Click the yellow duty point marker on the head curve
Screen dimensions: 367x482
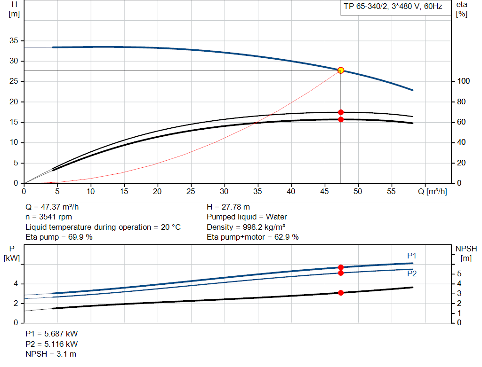click(x=341, y=70)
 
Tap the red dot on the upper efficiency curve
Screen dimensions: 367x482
click(x=341, y=112)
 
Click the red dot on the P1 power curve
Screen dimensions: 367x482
click(x=341, y=267)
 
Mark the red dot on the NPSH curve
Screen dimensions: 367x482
click(x=341, y=293)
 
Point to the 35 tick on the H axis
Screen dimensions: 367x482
click(x=14, y=41)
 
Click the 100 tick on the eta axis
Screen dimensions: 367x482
click(x=463, y=82)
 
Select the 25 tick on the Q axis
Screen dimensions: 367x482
click(x=191, y=191)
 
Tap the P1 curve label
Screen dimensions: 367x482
click(x=412, y=256)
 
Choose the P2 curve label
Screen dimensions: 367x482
click(x=412, y=273)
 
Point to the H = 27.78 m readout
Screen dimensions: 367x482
click(x=228, y=207)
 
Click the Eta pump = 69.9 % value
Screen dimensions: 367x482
click(x=59, y=237)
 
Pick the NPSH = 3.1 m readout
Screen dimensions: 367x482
click(x=51, y=354)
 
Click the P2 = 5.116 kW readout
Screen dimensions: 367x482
click(x=51, y=344)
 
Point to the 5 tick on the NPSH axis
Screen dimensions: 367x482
click(x=459, y=274)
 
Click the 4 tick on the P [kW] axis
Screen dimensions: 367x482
click(x=16, y=284)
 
